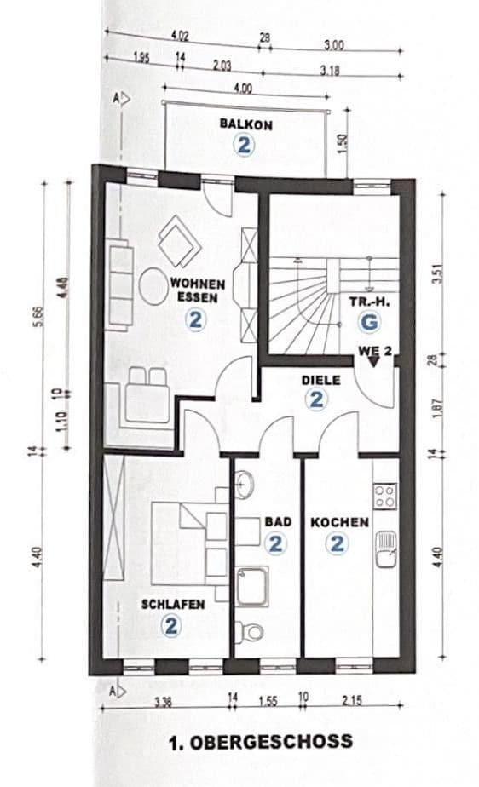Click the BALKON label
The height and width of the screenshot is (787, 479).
click(x=245, y=124)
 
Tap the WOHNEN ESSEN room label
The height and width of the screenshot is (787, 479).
click(x=197, y=290)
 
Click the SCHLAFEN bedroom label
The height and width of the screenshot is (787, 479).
click(x=172, y=605)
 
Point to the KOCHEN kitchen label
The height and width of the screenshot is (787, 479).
click(x=339, y=522)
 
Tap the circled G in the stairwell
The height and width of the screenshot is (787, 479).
click(x=367, y=322)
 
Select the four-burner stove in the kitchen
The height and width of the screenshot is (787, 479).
click(x=385, y=496)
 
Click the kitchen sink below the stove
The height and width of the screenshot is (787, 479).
click(x=385, y=550)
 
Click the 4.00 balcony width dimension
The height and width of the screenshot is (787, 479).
click(x=242, y=88)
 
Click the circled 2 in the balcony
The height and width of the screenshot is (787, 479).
click(x=245, y=145)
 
